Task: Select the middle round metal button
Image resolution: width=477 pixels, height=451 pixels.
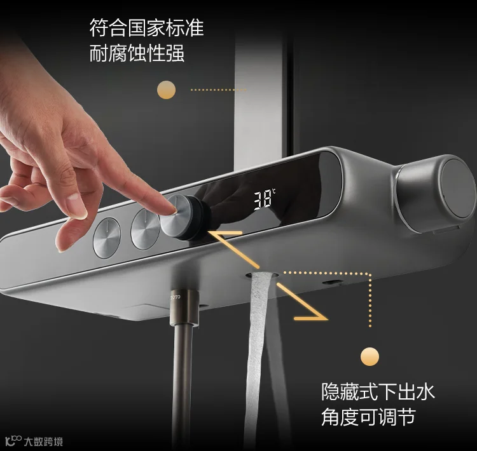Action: click(145, 229)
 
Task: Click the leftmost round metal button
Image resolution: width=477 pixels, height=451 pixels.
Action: click(107, 238)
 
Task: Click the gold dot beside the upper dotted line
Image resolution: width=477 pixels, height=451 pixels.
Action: click(166, 90)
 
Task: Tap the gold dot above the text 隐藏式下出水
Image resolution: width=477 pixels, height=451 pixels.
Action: click(370, 356)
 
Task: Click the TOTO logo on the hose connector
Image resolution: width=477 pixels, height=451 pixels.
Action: click(176, 297)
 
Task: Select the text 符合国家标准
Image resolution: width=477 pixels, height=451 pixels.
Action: click(147, 28)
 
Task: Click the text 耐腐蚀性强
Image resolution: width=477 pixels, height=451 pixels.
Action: click(137, 53)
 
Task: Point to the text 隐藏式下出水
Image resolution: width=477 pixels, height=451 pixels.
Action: click(378, 391)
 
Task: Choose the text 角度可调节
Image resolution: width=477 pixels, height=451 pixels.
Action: click(368, 417)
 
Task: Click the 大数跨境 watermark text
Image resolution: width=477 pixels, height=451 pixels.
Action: click(43, 441)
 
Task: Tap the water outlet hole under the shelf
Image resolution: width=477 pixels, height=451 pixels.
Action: click(263, 275)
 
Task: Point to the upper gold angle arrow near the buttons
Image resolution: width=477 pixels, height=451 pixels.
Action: click(235, 248)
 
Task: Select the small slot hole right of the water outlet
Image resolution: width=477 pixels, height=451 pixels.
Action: click(332, 282)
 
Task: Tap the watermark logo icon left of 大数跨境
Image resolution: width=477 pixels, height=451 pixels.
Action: click(13, 441)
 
